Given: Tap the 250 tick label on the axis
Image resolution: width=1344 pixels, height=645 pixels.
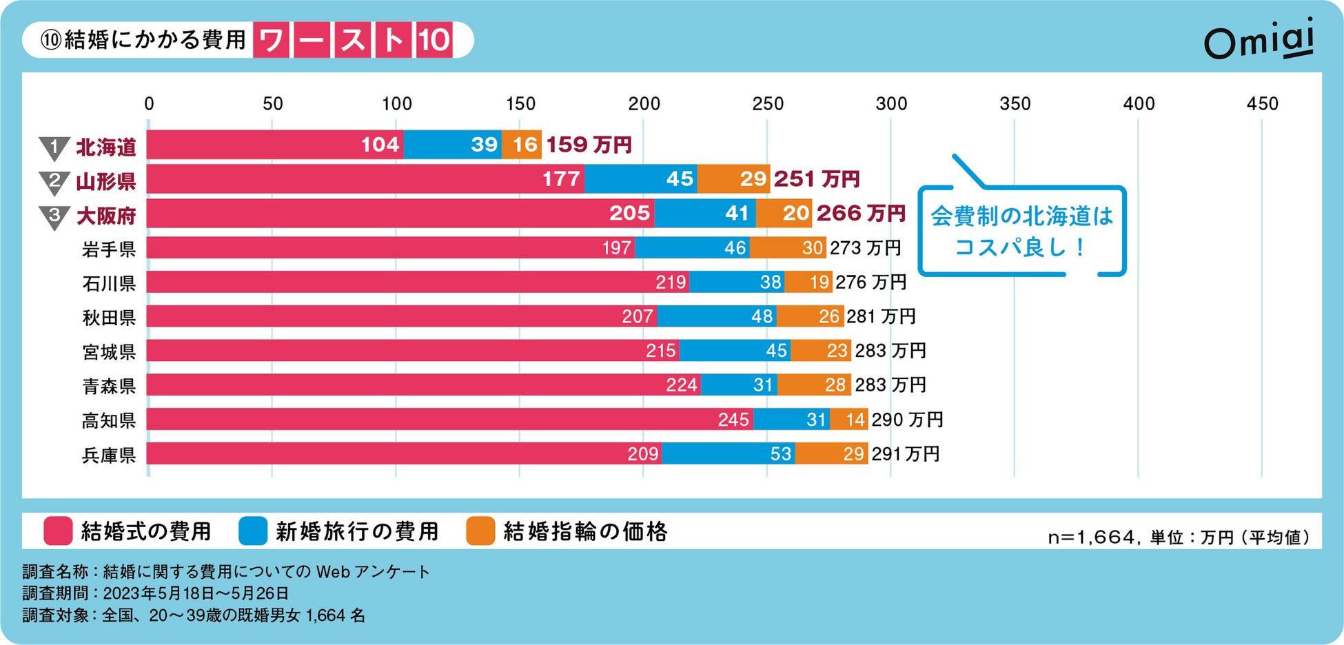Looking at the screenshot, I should click(x=767, y=104).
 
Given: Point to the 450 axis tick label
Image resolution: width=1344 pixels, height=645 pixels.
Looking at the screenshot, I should click(x=1262, y=104).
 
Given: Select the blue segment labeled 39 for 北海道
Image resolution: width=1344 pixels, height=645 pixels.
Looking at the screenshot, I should click(x=452, y=145).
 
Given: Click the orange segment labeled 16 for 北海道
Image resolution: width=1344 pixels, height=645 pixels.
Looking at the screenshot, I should click(x=522, y=145).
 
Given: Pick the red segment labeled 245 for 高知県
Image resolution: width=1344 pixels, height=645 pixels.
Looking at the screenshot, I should click(x=449, y=419).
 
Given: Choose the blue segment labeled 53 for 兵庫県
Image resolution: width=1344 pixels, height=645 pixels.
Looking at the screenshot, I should click(x=728, y=453).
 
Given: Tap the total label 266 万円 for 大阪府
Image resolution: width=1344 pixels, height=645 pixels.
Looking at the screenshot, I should click(x=861, y=214).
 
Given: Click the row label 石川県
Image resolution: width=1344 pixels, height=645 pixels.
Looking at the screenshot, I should click(x=109, y=283).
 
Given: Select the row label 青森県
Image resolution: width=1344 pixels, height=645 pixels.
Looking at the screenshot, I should click(x=109, y=386).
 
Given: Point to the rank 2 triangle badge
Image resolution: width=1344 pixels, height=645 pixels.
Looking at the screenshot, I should click(x=54, y=183).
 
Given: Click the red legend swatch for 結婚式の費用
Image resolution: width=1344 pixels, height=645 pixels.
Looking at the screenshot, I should click(x=58, y=531).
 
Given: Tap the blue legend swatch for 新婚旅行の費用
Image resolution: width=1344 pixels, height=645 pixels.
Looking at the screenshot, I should click(x=252, y=531).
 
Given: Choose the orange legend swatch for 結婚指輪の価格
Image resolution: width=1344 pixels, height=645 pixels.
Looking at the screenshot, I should click(x=480, y=531).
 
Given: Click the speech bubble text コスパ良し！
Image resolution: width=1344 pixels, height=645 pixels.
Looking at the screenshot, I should click(x=1020, y=247).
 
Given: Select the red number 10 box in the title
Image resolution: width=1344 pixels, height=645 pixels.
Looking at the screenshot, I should click(x=434, y=40).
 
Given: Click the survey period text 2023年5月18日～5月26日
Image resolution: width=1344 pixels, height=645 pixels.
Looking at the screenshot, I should click(x=196, y=593).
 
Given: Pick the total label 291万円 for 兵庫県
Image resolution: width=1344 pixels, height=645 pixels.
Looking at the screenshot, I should click(x=905, y=454).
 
